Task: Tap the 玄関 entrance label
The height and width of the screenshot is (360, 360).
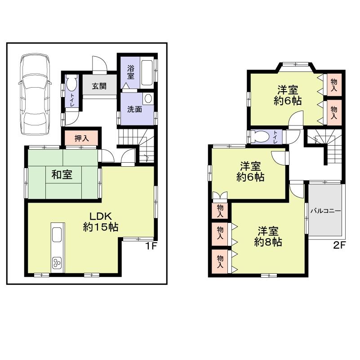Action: tap(99, 86)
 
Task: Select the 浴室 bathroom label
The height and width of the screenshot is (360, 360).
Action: tap(130, 72)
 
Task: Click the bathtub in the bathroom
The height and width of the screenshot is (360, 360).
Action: tap(147, 72)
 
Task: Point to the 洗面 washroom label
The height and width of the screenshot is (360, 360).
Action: tap(134, 108)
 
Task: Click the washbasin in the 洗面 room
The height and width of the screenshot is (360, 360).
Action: tap(148, 99)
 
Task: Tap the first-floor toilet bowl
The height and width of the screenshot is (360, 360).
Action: tap(71, 84)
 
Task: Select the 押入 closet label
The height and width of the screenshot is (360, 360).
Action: tap(81, 138)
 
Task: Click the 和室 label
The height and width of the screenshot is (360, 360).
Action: tap(62, 174)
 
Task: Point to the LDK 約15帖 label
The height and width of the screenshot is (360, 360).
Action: tap(100, 221)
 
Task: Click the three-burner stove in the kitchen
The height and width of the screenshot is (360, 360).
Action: tap(57, 262)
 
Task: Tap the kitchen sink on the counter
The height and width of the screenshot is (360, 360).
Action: tap(57, 235)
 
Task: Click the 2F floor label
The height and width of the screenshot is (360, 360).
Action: tap(340, 245)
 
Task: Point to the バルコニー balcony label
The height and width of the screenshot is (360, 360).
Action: tap(325, 210)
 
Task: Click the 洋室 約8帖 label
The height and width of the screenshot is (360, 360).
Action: tap(268, 236)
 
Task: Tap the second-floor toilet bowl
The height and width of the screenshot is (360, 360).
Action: tap(259, 137)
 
